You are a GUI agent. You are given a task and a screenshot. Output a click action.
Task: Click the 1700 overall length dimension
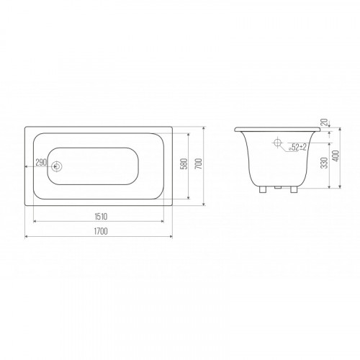[x=101, y=231]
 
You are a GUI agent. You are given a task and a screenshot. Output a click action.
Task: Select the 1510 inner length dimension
[x=101, y=217]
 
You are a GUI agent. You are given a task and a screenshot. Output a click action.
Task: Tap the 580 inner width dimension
[x=184, y=163]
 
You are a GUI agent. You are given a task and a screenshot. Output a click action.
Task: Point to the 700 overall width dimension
[x=199, y=163]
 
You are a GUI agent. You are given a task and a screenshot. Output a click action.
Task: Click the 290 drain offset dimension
[x=41, y=163]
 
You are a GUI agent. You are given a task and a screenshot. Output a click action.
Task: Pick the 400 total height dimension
[x=336, y=156]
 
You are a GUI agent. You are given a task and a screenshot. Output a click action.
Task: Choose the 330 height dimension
[x=324, y=163]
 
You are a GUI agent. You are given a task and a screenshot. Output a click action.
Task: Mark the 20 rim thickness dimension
[x=324, y=122]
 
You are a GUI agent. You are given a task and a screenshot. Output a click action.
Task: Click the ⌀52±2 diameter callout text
[x=297, y=147]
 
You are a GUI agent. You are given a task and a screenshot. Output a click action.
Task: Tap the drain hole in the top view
[x=57, y=166]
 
